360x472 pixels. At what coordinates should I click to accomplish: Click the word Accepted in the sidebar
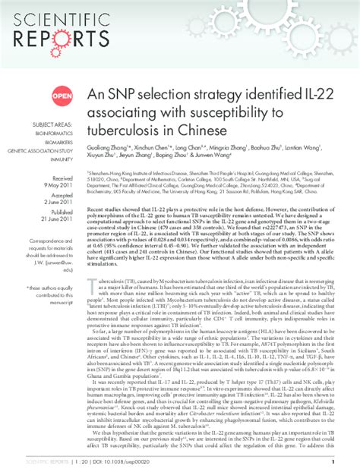[64, 195]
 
